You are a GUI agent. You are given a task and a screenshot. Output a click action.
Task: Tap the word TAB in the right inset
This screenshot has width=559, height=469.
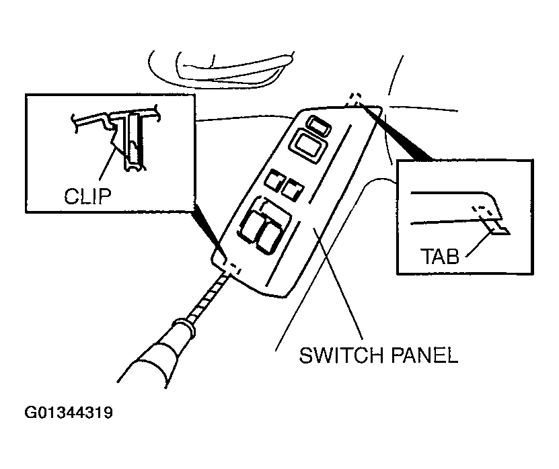click(x=440, y=257)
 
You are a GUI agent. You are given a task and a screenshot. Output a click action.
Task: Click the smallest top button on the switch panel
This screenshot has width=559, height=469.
click(x=318, y=124)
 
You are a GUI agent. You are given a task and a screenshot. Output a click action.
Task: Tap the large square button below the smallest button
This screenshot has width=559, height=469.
click(x=306, y=145)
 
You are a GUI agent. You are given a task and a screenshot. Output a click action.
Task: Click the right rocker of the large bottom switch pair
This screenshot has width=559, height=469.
click(x=270, y=235)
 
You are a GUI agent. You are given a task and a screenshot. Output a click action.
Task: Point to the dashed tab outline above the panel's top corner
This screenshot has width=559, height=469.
click(x=355, y=99)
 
